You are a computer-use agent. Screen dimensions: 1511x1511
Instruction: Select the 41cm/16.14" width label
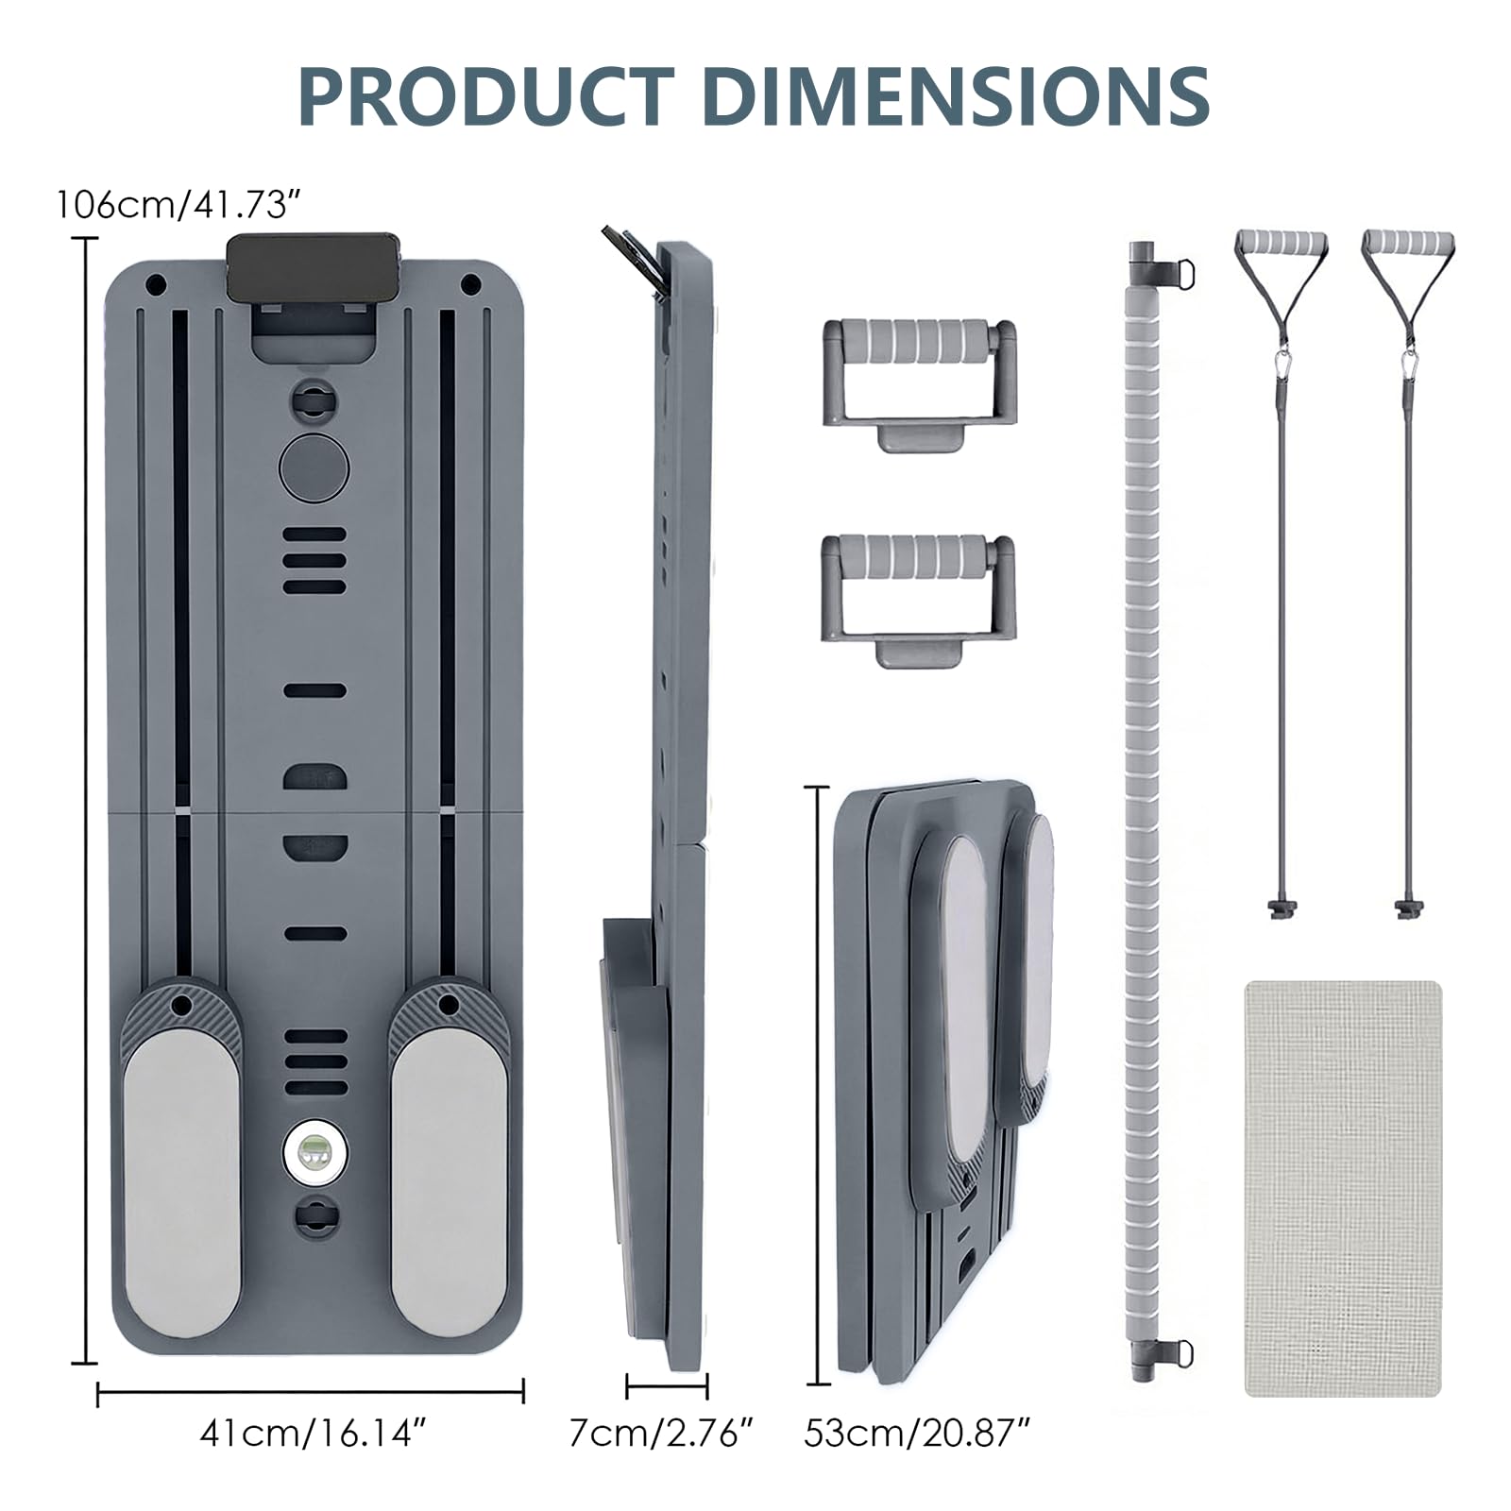pos(308,1434)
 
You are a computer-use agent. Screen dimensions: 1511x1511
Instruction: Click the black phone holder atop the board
pos(314,270)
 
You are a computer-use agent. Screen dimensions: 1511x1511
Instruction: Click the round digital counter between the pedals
pos(314,1151)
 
